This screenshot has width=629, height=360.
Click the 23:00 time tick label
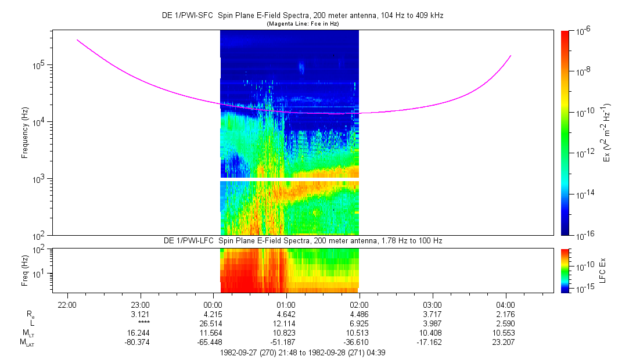[141, 305]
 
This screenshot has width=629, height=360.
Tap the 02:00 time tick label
[360, 305]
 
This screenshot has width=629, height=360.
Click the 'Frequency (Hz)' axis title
[26, 133]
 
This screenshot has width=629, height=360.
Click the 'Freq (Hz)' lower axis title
[26, 270]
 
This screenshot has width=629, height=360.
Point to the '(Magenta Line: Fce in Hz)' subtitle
[302, 24]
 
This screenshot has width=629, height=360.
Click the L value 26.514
[214, 322]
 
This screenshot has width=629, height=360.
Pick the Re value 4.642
[287, 314]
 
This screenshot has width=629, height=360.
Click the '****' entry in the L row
[141, 322]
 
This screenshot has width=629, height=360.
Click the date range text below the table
[302, 352]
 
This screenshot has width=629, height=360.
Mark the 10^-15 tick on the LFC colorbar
[583, 289]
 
